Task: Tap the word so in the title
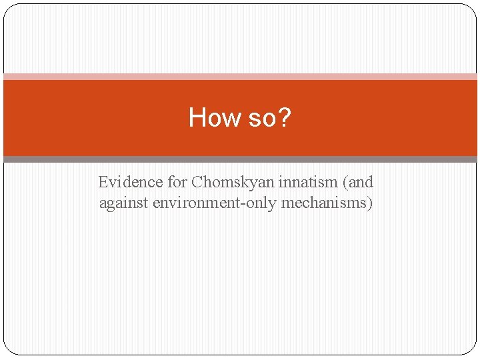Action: point(260,118)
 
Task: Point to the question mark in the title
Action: point(285,117)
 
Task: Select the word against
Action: point(124,203)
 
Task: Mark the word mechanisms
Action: point(325,203)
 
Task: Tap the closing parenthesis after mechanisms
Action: point(370,203)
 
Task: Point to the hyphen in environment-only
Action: point(249,203)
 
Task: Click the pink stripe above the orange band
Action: point(240,77)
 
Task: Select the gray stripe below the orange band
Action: point(240,159)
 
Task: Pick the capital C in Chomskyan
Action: point(197,182)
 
